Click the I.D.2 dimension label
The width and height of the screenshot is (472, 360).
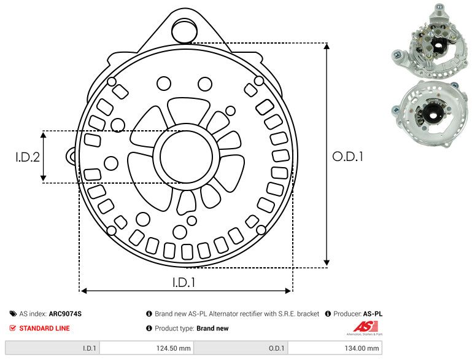(28, 157)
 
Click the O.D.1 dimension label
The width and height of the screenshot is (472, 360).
(348, 157)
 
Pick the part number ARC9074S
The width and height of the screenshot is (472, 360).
(65, 314)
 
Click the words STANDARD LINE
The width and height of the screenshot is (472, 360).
(44, 328)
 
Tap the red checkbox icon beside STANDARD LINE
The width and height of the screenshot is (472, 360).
(13, 328)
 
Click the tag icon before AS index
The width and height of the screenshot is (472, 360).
(13, 314)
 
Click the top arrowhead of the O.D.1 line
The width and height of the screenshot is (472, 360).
(327, 48)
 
